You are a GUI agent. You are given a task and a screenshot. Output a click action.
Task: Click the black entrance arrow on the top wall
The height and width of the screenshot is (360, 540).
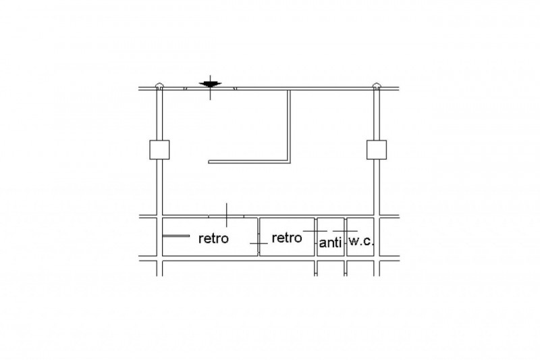210,84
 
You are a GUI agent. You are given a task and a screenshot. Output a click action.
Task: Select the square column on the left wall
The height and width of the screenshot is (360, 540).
159,150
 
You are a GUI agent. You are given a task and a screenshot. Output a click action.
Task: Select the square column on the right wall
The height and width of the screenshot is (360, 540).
377,150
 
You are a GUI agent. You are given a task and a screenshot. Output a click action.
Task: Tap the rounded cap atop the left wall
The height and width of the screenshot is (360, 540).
159,85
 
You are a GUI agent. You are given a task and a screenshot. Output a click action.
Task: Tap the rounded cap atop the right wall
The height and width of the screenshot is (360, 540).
377,85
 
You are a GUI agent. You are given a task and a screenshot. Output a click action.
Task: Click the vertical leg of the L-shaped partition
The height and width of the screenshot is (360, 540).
289,126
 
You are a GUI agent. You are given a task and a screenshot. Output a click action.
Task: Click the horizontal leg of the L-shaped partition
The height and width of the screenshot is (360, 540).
248,161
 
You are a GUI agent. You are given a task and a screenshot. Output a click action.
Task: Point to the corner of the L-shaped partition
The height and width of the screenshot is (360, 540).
290,162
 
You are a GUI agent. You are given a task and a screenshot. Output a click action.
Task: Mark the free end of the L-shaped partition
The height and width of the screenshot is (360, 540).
209,161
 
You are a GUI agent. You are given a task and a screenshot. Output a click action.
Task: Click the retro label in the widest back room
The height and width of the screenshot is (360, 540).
213,238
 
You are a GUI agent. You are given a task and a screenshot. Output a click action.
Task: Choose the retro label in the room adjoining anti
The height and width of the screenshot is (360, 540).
287,237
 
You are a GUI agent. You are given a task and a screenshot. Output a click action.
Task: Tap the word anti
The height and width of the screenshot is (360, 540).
330,242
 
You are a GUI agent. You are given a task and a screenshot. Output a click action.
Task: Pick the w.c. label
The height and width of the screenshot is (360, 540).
361,241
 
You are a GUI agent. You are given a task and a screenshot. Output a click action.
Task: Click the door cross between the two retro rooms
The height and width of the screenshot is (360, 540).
259,244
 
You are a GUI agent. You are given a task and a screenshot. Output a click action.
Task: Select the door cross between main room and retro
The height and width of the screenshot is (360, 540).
226,215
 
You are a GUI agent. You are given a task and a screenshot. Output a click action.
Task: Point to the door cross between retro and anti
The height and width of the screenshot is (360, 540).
315,231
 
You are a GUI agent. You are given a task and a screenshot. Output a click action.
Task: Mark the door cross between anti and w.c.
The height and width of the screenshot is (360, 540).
346,231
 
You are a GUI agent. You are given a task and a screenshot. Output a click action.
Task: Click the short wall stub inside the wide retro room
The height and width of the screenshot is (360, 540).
175,236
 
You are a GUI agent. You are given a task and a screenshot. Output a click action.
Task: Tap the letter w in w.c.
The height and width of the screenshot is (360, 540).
353,242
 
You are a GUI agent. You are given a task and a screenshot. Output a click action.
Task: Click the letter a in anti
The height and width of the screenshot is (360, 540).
323,244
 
